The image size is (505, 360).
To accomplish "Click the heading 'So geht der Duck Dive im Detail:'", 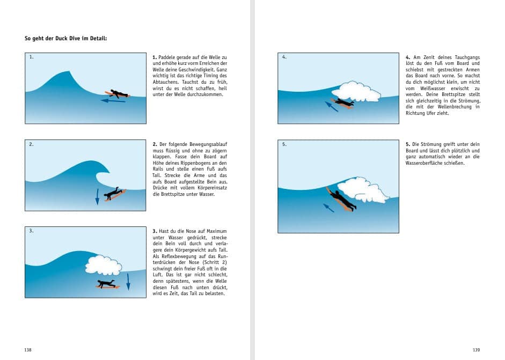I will tap(66, 38).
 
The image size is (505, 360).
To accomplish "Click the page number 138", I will tap(28, 350).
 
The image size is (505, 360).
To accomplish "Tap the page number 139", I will tap(476, 350).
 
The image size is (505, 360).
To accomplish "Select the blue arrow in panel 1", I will tap(113, 100).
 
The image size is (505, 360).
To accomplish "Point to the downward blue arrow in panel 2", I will tap(97, 196).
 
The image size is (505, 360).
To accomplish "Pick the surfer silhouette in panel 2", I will tap(114, 193).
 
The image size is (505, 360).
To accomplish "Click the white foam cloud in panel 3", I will tap(104, 264).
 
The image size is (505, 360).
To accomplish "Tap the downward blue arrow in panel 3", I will tap(128, 281).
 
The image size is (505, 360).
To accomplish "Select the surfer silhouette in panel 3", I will tap(107, 284).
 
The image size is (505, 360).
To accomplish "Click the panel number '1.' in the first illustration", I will tap(32, 56).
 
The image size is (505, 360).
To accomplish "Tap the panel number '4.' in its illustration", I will tap(284, 56).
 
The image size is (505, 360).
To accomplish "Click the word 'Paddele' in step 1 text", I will tap(167, 56).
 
